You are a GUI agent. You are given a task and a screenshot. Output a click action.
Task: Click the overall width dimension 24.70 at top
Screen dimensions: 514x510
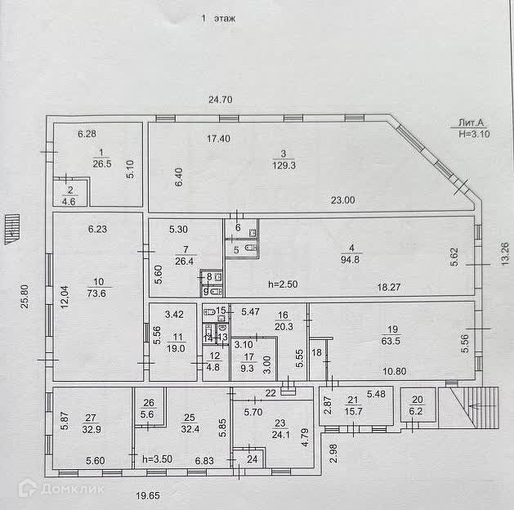click(x=221, y=100)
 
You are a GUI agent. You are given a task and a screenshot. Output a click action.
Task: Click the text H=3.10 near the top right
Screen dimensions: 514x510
click(x=475, y=133)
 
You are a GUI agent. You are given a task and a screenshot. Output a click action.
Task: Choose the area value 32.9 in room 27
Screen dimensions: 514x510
click(x=89, y=428)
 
